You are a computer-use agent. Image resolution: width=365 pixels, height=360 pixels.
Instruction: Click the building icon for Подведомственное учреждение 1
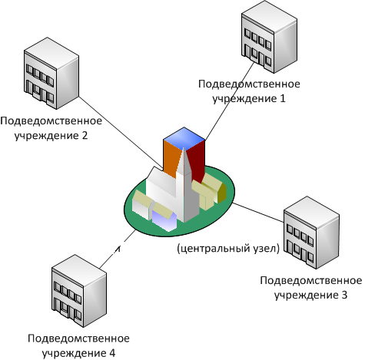click(x=269, y=38)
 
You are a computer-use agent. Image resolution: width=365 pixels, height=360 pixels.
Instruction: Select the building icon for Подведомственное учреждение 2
click(x=51, y=74)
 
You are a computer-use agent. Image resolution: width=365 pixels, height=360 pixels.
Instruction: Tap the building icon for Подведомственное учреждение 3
click(x=311, y=233)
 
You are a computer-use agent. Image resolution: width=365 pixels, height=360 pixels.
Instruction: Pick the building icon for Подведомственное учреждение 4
click(x=79, y=291)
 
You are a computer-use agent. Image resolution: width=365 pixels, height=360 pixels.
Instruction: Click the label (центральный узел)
click(x=228, y=248)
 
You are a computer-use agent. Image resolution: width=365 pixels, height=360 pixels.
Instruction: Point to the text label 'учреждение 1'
click(x=249, y=98)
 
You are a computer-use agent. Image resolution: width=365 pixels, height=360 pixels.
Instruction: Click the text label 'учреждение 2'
click(x=51, y=135)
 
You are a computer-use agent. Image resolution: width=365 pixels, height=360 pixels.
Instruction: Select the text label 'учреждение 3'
click(x=310, y=295)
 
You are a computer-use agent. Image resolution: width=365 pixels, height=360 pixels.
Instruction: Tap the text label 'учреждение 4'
click(x=78, y=353)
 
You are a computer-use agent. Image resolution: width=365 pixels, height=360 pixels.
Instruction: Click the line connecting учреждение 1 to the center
click(x=229, y=101)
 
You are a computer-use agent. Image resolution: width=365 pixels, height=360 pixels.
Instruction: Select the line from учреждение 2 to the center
click(x=121, y=133)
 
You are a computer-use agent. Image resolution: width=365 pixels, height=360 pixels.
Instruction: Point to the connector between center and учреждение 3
click(x=258, y=212)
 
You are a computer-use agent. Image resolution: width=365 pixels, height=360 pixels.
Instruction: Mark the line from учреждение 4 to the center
click(x=118, y=249)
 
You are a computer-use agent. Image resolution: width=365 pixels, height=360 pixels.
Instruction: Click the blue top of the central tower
click(x=184, y=137)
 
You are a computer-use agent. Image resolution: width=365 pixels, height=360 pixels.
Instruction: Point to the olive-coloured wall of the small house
click(x=222, y=193)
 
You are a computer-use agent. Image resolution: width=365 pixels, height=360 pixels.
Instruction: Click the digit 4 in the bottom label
click(x=112, y=353)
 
